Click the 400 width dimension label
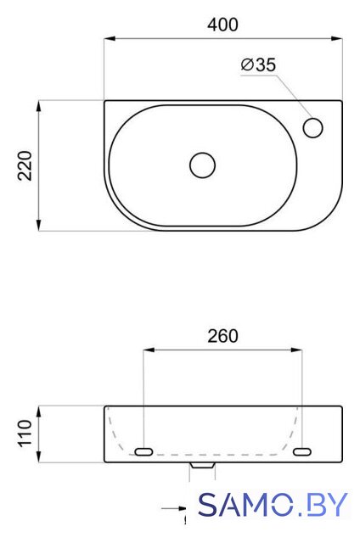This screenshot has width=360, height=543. (222, 25)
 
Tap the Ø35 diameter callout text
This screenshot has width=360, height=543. (258, 64)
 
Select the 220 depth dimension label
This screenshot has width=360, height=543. (25, 165)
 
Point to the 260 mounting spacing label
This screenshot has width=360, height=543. (222, 336)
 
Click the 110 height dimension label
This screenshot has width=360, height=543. (25, 434)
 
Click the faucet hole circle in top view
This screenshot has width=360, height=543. (313, 127)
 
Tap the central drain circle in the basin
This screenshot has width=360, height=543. (203, 165)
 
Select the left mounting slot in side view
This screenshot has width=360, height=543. (143, 451)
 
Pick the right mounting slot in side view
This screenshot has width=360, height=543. (302, 451)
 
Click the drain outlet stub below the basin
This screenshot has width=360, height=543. (202, 466)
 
